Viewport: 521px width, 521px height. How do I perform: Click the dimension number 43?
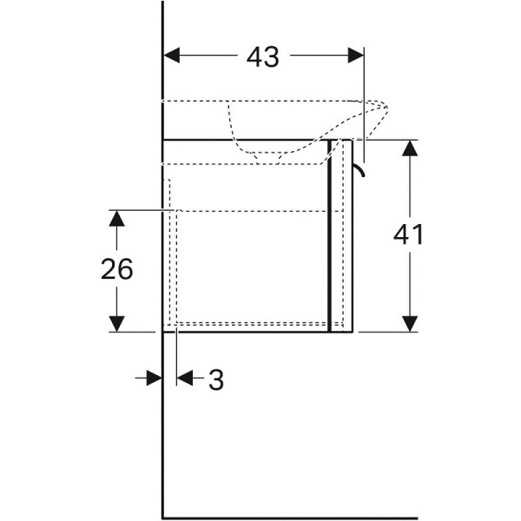click(262, 56)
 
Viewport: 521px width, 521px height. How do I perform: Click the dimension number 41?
click(408, 234)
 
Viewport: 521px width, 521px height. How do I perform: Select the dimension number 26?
click(116, 270)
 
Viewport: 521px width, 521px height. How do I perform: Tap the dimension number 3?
click(215, 379)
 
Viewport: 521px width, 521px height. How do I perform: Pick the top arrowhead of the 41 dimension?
click(408, 147)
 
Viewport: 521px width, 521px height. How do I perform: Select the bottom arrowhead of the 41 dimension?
click(408, 323)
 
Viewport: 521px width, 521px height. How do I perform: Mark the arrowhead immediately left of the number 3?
click(185, 378)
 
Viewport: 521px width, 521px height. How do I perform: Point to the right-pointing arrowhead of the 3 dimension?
click(155, 378)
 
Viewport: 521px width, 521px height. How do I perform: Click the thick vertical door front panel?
click(330, 234)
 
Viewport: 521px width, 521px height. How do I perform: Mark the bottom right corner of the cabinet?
click(352, 331)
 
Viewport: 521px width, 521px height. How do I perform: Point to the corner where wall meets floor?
click(163, 517)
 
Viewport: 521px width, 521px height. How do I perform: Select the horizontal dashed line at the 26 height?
click(252, 210)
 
